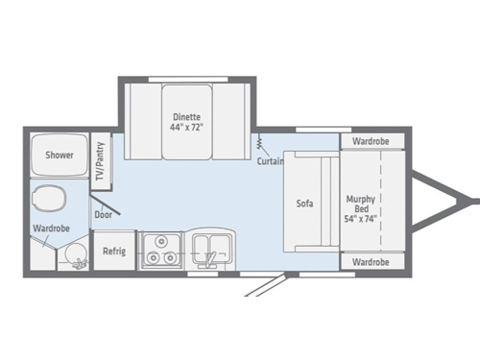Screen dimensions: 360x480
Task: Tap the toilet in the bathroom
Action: click(x=48, y=200)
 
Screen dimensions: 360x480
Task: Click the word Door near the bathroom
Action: click(x=104, y=215)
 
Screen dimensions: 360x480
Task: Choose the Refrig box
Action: click(x=115, y=251)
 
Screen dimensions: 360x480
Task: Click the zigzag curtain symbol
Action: click(x=259, y=144)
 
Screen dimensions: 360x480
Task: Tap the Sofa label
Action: click(x=304, y=204)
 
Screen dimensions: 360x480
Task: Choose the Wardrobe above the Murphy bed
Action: click(x=370, y=142)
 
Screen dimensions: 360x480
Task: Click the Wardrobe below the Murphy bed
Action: click(x=370, y=261)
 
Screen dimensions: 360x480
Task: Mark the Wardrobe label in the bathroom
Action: click(x=50, y=229)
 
